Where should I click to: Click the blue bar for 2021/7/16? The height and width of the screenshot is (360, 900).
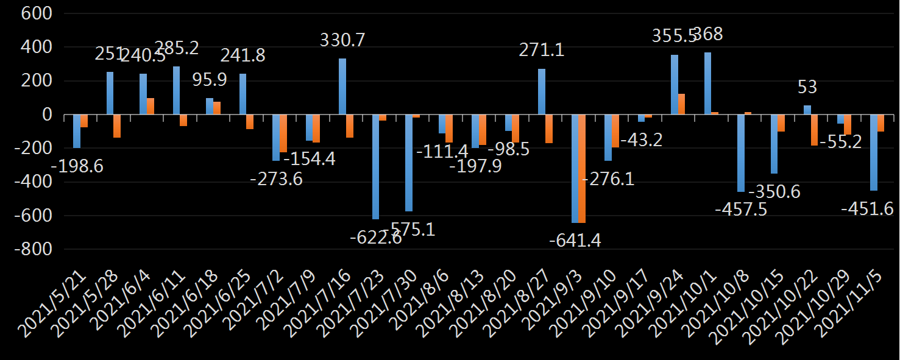point(342,86)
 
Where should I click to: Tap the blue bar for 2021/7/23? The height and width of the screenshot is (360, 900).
point(375,167)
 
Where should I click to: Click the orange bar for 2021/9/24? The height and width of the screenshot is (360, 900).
point(681,104)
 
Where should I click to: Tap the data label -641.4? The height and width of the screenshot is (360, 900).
point(575,241)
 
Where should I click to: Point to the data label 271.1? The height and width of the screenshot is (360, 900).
point(541,50)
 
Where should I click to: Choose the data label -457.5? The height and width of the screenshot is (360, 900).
point(741,210)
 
